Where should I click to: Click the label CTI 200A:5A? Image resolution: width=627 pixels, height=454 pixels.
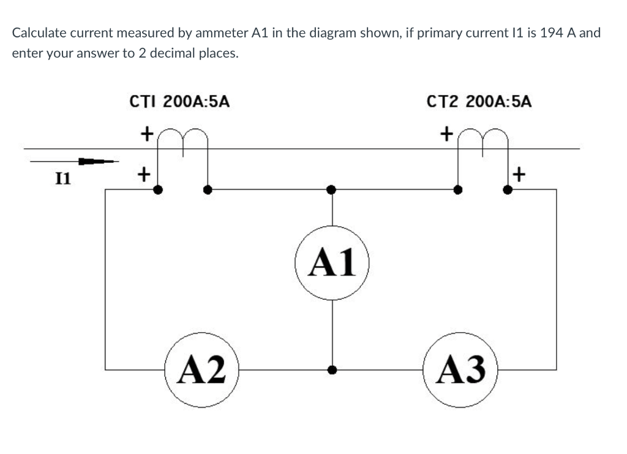tap(180, 102)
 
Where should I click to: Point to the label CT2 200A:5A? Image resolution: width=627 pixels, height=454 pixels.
tap(479, 102)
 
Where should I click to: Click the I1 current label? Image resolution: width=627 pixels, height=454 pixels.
tap(62, 179)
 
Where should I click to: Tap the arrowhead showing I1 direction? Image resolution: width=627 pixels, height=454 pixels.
tap(92, 162)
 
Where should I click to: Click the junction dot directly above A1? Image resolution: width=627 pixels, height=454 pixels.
tap(331, 190)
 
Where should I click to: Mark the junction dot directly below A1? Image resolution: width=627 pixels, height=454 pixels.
tap(332, 370)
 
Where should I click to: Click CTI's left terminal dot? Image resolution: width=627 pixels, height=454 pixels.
tap(158, 190)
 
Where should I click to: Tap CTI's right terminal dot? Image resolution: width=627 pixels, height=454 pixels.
tap(208, 190)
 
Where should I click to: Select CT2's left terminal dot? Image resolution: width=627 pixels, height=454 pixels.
tap(457, 190)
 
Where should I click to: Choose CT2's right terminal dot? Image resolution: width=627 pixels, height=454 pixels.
tap(508, 190)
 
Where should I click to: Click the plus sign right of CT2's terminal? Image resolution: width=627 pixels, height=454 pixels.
tap(519, 176)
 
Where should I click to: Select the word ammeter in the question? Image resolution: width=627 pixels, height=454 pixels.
tap(221, 32)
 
